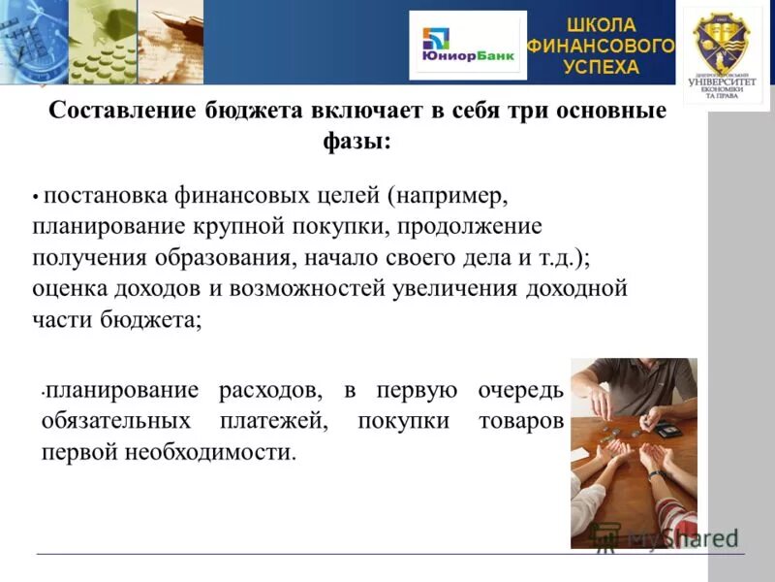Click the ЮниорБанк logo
pyautogui.click(x=467, y=45)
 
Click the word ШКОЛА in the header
pyautogui.click(x=601, y=24)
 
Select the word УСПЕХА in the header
pyautogui.click(x=601, y=67)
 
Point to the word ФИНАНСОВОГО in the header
pyautogui.click(x=601, y=46)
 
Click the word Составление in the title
pyautogui.click(x=122, y=111)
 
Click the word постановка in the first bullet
pyautogui.click(x=106, y=196)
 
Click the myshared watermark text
pyautogui.click(x=678, y=536)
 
